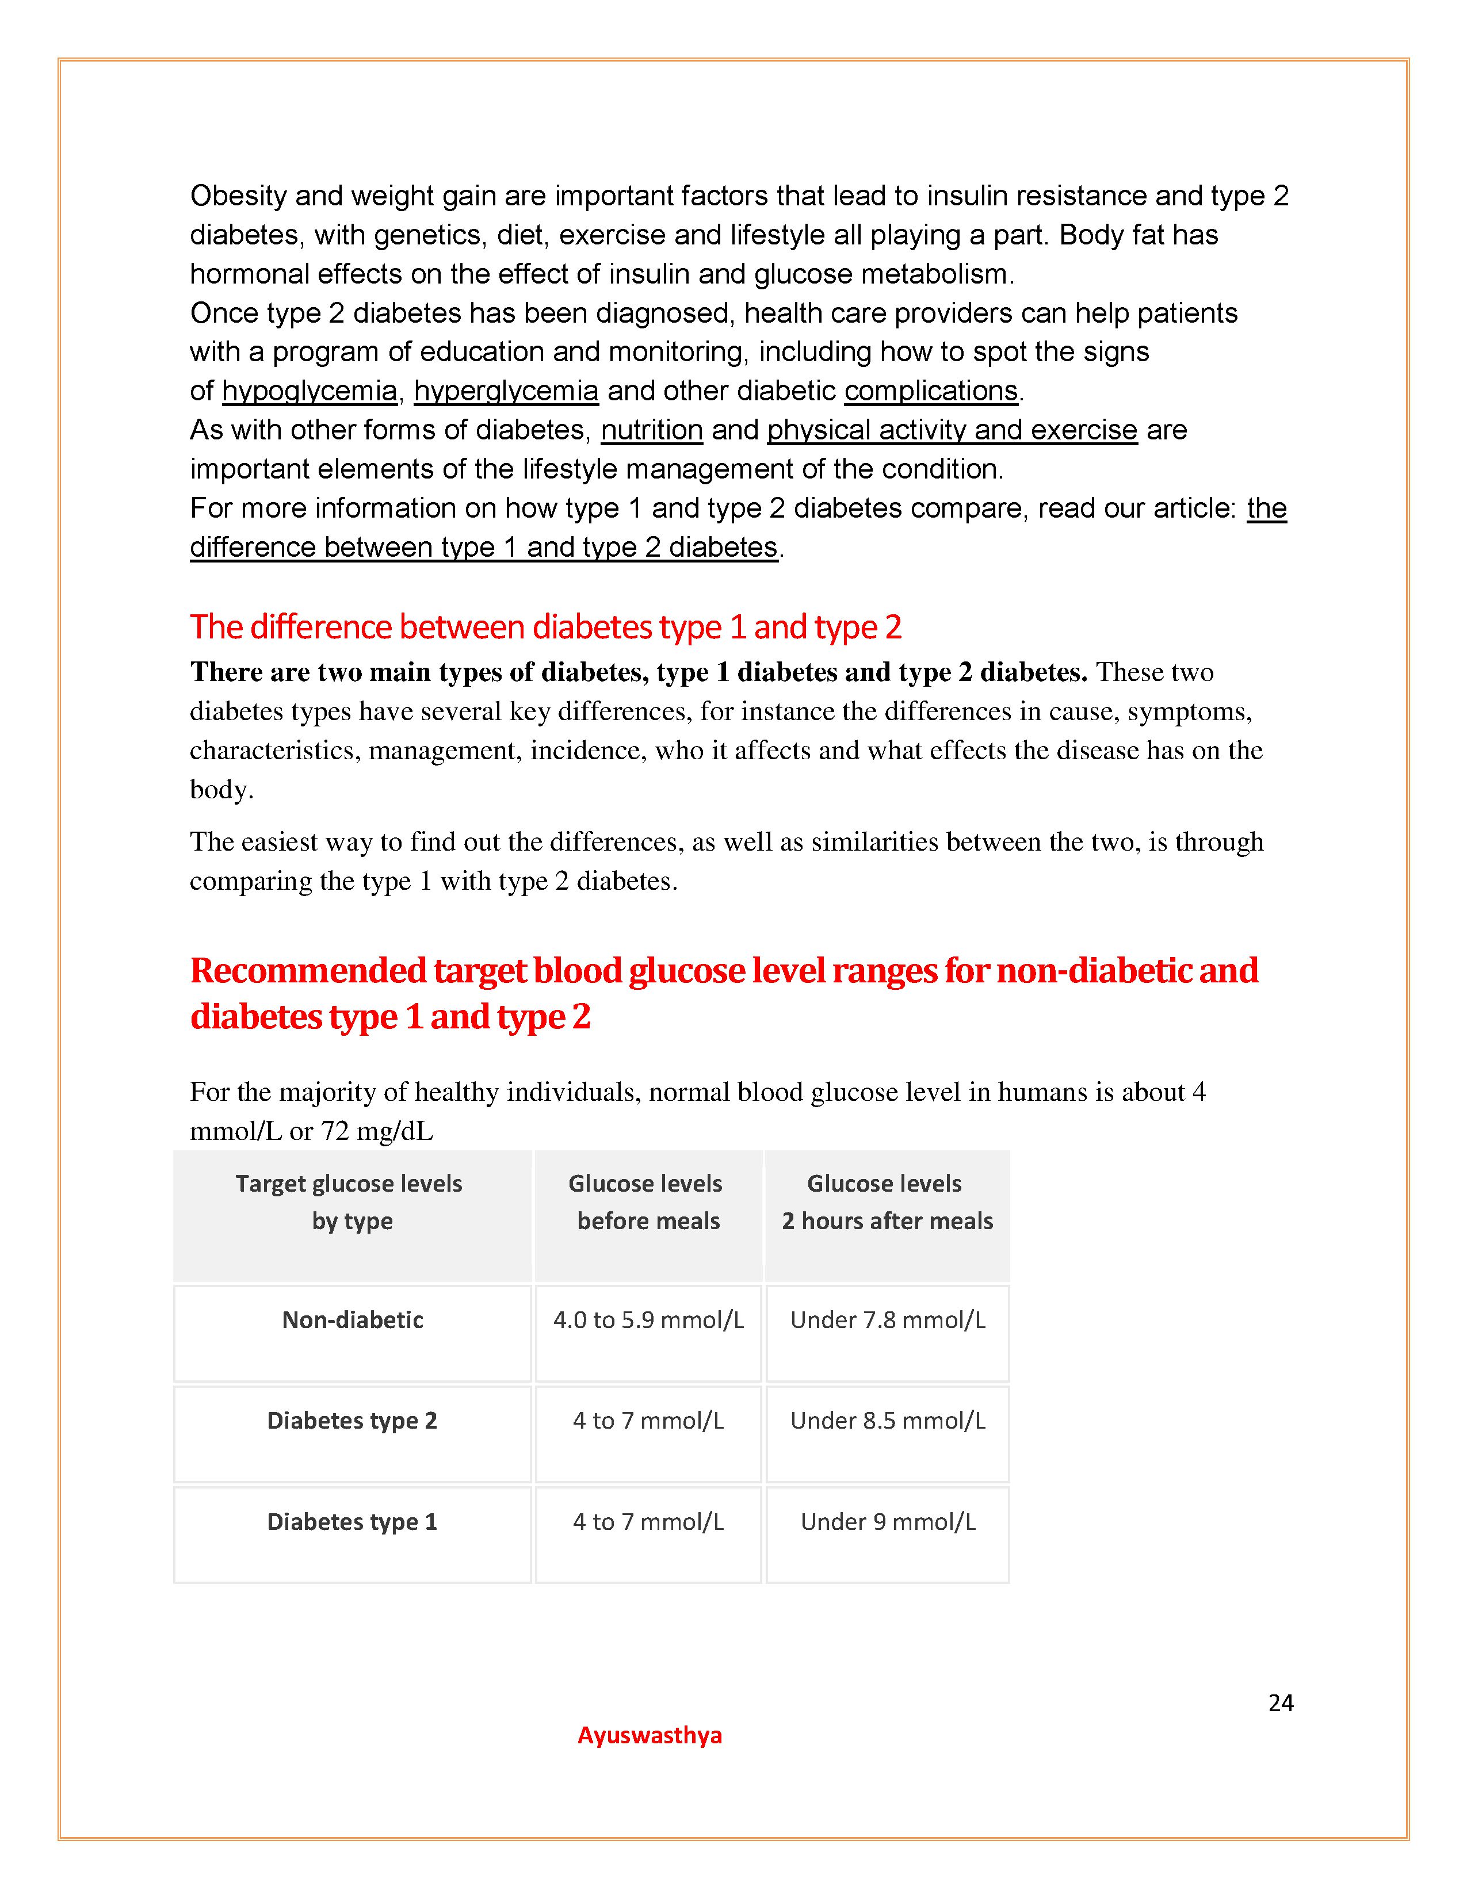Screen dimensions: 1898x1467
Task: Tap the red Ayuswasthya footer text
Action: pos(649,1735)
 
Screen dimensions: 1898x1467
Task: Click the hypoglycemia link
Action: pos(310,391)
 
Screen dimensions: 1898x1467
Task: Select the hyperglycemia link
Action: pos(506,391)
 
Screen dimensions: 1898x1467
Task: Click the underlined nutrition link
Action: pos(652,430)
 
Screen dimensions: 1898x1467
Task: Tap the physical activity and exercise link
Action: pos(952,430)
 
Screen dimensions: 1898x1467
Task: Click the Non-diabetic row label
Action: pos(352,1319)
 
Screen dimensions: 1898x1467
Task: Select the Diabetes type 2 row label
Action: pos(352,1420)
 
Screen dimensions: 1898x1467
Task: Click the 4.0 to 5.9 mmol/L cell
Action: pos(648,1319)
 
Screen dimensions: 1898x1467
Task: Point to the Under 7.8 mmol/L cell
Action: pos(887,1319)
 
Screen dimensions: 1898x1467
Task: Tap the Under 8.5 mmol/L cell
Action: pos(887,1420)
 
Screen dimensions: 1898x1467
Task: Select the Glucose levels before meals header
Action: pos(647,1202)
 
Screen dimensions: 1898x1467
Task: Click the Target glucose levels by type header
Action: pos(350,1202)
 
